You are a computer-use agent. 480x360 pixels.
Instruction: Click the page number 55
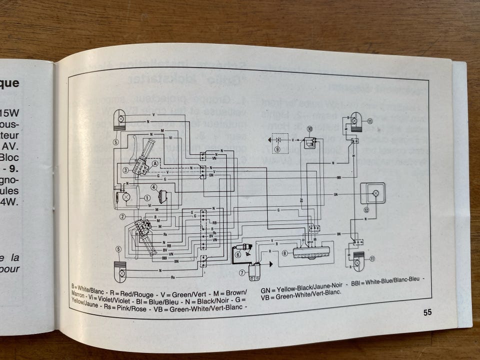(x=427, y=312)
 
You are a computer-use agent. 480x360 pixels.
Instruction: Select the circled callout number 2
(x=122, y=216)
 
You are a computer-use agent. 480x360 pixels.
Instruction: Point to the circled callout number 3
(x=126, y=170)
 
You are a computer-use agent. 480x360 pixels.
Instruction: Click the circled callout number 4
(x=154, y=187)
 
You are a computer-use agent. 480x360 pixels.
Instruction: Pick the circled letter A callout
(x=155, y=163)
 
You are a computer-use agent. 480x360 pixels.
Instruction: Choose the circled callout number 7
(x=241, y=272)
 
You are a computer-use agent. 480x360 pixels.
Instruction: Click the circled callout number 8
(x=284, y=253)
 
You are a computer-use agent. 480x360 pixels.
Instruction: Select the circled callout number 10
(x=309, y=129)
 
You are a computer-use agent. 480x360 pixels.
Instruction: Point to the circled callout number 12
(x=366, y=210)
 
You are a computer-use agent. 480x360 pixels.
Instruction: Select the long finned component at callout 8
(x=312, y=252)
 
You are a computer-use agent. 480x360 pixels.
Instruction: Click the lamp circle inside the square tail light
(x=376, y=192)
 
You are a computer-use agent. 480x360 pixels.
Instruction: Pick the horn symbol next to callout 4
(x=162, y=196)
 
